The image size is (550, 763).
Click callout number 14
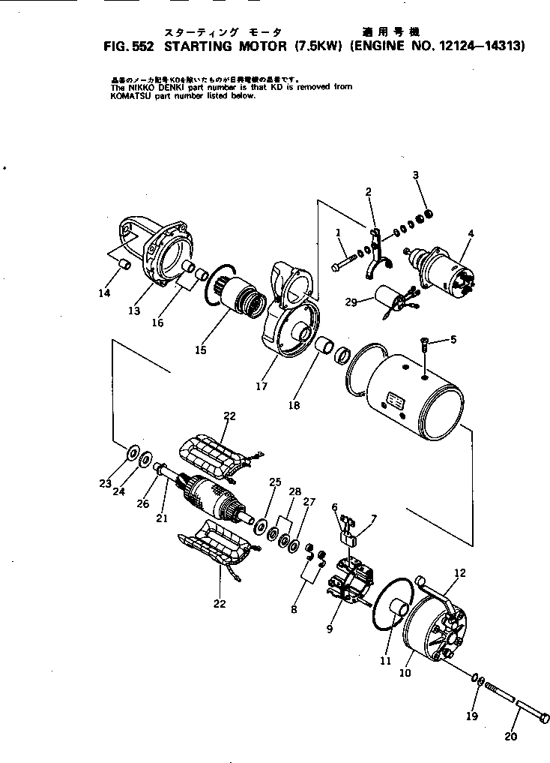[x=104, y=293]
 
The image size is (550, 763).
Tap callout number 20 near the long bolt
[x=510, y=736]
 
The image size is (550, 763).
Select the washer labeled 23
[x=132, y=453]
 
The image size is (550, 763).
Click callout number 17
[x=262, y=386]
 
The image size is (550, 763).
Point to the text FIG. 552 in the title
[x=128, y=45]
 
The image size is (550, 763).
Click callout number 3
[x=416, y=176]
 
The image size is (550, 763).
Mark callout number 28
[x=295, y=491]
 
